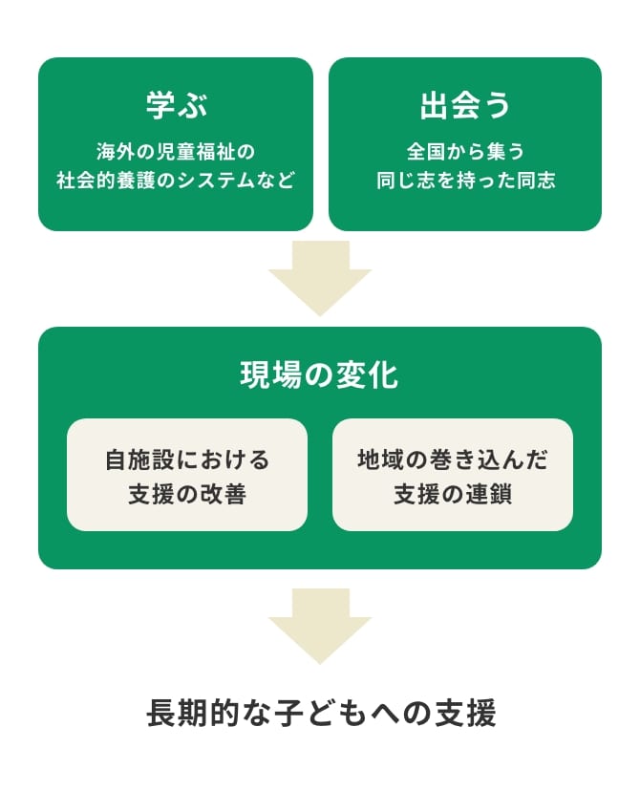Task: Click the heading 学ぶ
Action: [x=176, y=106]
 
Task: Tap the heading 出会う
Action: [x=465, y=106]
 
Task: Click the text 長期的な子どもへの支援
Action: [x=321, y=714]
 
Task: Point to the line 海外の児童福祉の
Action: [x=176, y=152]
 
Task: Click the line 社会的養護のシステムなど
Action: [x=176, y=181]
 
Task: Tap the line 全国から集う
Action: [x=465, y=152]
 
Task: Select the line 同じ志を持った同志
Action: [x=465, y=181]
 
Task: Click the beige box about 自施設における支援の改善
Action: [x=187, y=475]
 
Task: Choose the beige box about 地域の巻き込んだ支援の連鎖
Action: [x=453, y=475]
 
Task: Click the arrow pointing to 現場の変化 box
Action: [x=320, y=277]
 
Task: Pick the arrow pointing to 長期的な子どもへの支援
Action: [x=320, y=625]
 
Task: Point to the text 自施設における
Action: [x=187, y=460]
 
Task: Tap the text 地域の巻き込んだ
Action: [x=453, y=460]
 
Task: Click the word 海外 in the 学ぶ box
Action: [x=113, y=152]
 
